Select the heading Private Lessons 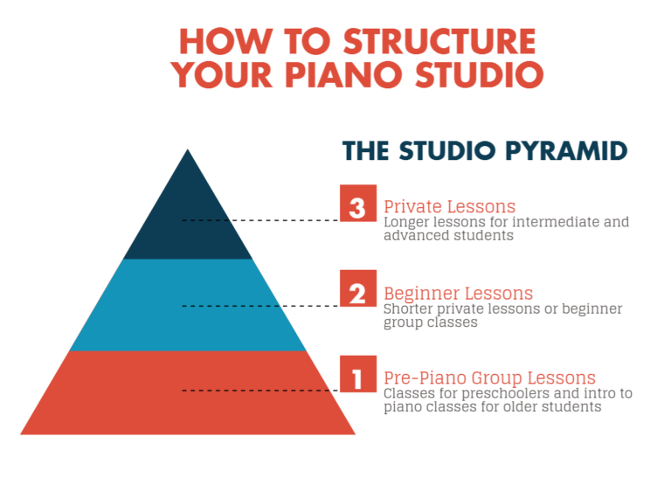(x=449, y=207)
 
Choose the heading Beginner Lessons (x=458, y=293)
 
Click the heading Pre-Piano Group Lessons (x=489, y=378)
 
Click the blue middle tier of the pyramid (x=187, y=306)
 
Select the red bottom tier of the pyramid (x=187, y=393)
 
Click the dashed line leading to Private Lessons (x=262, y=221)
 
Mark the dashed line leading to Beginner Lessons (x=262, y=306)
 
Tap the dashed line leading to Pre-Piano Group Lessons (x=262, y=391)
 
